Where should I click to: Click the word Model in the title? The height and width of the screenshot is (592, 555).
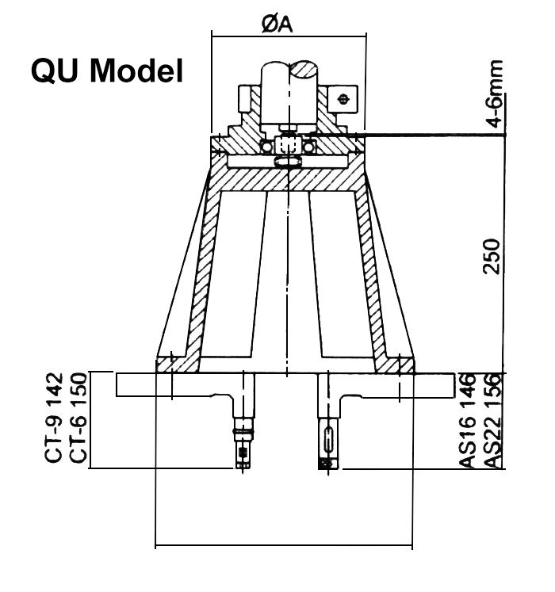point(136,71)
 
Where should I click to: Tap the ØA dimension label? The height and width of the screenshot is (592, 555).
point(277,25)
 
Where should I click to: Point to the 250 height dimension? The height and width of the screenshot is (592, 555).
point(492,256)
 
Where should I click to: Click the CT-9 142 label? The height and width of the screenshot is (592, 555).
point(54,418)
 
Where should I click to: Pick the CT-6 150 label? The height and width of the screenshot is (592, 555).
point(79,418)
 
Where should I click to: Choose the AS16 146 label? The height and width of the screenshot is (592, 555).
point(466,420)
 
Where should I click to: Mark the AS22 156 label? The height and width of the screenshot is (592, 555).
point(492,420)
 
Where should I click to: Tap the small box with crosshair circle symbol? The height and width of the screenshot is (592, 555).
point(343,99)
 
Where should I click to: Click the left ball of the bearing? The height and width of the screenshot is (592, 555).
point(266,147)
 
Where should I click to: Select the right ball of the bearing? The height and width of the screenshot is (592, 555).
point(309,147)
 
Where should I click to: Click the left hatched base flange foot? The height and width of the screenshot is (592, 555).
point(177,365)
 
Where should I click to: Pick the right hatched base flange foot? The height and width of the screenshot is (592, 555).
point(394,365)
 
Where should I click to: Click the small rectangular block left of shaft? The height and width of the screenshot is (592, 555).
point(244,99)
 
